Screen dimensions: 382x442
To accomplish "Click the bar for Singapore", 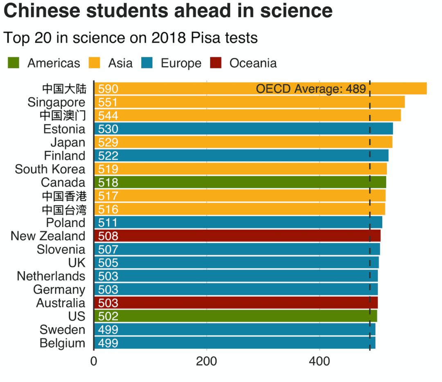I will [249, 102].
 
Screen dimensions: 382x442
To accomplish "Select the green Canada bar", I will [240, 182].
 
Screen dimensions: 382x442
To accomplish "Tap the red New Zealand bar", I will [237, 236].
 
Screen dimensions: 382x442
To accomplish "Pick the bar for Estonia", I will [244, 129].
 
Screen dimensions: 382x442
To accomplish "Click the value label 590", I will [108, 89].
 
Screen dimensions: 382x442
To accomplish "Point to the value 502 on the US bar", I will [108, 316].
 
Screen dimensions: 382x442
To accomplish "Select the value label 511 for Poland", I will [108, 223].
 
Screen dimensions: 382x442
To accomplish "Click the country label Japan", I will [68, 142].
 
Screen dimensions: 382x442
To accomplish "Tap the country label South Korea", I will [50, 169].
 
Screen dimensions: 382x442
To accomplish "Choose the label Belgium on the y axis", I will [62, 343].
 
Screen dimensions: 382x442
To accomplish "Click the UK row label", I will [77, 262].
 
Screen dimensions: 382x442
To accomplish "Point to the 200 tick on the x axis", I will [206, 362].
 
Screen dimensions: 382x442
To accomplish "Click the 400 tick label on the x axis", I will [319, 362].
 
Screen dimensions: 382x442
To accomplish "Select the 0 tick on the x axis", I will [94, 362].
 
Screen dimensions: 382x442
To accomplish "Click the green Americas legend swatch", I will [14, 63].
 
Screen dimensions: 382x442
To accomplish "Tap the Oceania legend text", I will [253, 63].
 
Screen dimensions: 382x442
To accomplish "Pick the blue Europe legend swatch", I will [147, 63].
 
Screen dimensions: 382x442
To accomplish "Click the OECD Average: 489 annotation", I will [311, 89].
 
